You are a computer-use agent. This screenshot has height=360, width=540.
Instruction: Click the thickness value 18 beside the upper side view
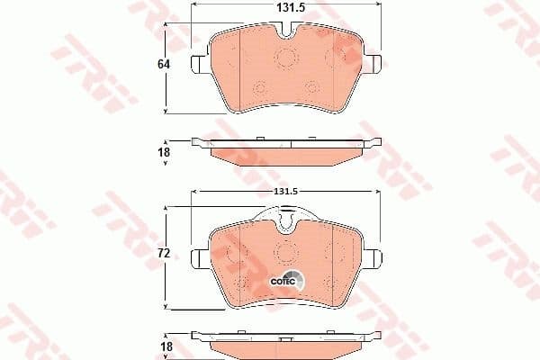pos(165,152)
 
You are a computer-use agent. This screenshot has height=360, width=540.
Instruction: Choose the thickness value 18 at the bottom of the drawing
pos(165,346)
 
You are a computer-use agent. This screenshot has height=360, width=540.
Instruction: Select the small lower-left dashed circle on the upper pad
pos(260,88)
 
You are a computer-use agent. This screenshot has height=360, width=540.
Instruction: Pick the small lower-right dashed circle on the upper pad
pos(312,88)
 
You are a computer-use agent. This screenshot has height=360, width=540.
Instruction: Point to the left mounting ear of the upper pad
pos(201,62)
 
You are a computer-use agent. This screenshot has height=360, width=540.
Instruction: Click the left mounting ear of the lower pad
pos(200,259)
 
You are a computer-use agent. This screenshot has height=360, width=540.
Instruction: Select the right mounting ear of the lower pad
pos(372,259)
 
